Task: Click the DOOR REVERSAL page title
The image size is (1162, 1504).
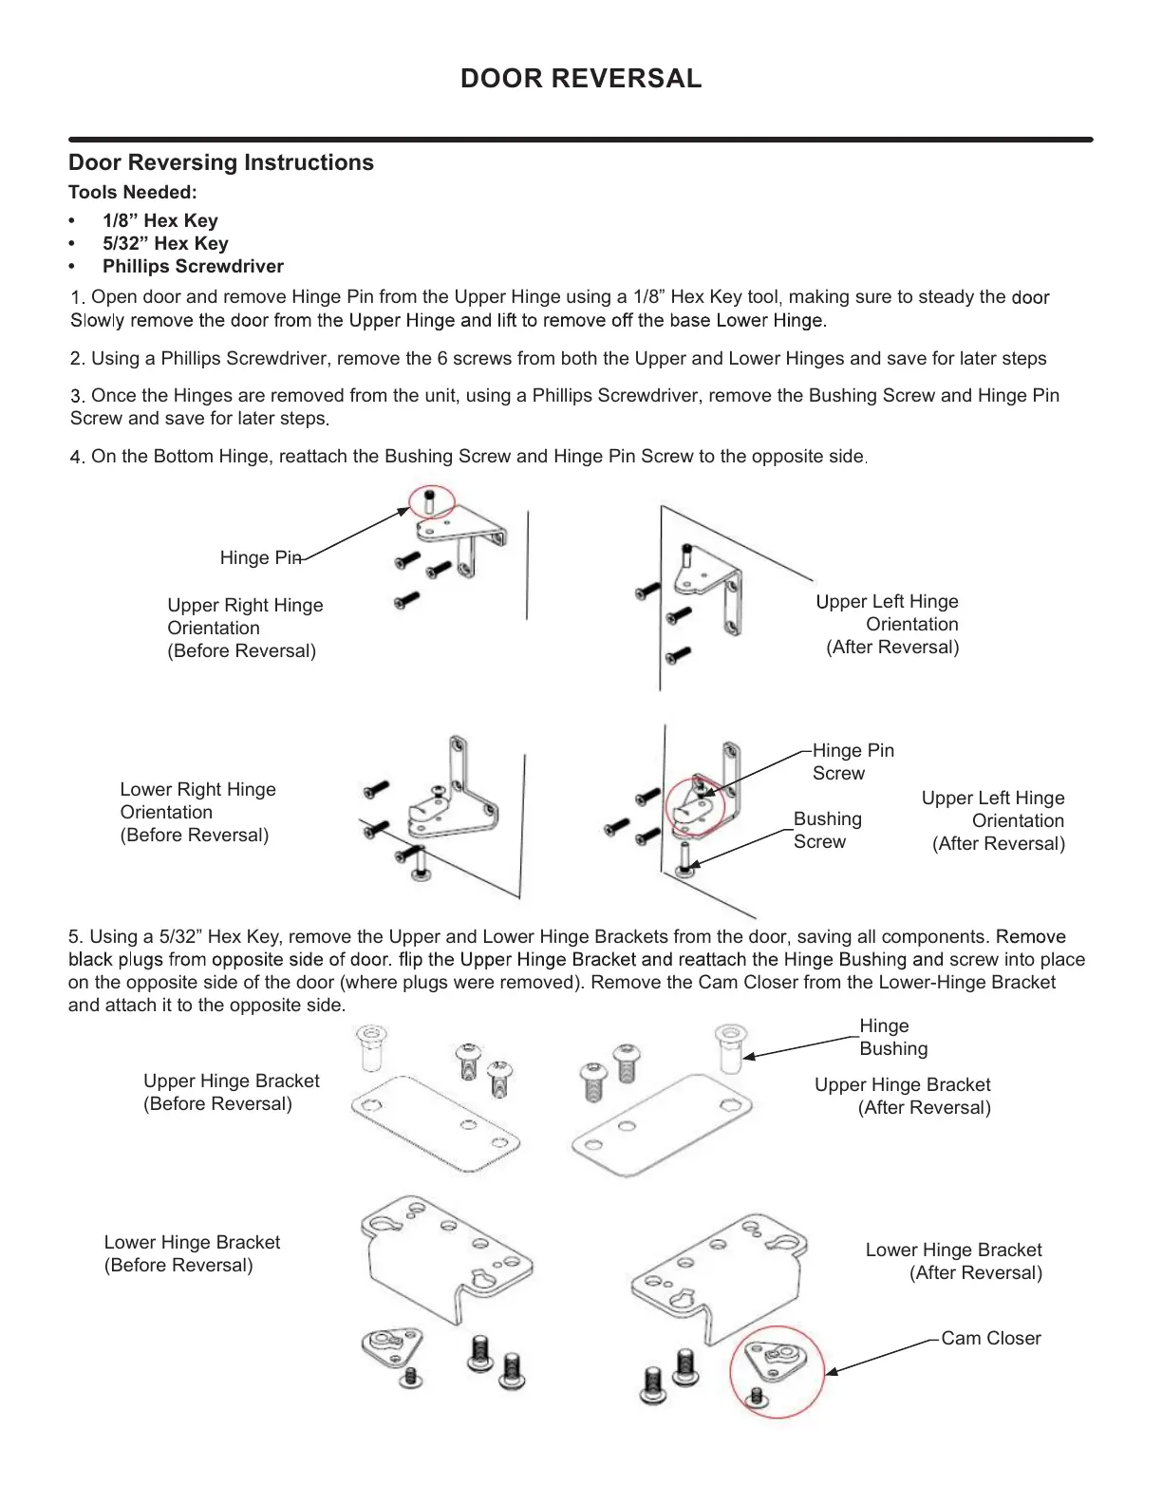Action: click(581, 79)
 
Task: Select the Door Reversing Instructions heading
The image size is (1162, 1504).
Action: click(221, 162)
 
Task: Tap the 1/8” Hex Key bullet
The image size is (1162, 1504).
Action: click(160, 220)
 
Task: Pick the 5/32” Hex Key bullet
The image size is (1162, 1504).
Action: click(165, 243)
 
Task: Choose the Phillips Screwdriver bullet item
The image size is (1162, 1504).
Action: click(193, 266)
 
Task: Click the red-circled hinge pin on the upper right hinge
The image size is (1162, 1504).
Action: click(431, 500)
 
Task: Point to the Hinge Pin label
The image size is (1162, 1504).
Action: click(260, 557)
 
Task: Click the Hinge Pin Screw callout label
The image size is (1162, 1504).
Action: click(853, 761)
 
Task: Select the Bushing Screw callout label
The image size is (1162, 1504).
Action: click(827, 830)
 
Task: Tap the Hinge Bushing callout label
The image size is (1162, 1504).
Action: click(892, 1037)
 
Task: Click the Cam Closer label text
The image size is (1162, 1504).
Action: click(990, 1338)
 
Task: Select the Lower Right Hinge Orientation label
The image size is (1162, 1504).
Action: click(197, 812)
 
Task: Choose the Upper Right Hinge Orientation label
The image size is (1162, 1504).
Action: click(244, 628)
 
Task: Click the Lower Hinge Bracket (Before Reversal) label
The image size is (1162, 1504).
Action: click(192, 1253)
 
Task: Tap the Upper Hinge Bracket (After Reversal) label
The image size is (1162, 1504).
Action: click(902, 1096)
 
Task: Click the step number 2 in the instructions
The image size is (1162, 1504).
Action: click(77, 359)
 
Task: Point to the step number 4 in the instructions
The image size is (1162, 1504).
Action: click(77, 457)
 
